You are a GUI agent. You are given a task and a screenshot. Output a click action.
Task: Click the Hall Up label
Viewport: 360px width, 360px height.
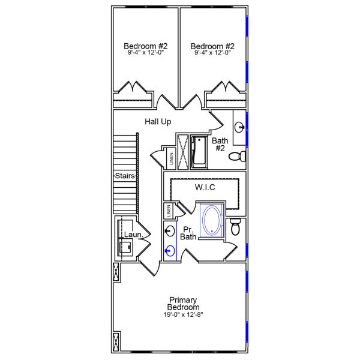158,122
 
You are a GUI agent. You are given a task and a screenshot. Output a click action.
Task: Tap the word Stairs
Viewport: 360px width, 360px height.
125,176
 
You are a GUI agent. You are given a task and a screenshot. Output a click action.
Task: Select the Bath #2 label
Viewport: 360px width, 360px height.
219,145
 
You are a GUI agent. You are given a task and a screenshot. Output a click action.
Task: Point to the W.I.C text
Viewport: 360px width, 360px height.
205,188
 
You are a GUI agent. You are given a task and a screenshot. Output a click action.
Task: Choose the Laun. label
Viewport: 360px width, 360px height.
133,235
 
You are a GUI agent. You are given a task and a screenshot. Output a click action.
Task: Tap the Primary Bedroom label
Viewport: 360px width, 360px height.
184,304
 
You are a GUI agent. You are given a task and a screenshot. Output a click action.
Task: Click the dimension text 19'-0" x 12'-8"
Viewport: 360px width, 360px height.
184,315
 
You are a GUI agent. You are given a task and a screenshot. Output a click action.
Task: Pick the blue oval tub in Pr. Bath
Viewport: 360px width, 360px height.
211,221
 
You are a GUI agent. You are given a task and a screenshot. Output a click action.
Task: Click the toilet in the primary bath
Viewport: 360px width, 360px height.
236,228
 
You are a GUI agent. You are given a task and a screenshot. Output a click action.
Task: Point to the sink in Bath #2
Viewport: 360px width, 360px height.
239,127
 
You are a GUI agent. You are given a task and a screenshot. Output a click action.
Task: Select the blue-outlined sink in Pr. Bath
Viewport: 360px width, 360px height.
170,251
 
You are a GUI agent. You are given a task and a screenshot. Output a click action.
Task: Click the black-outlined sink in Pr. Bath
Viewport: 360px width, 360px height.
170,231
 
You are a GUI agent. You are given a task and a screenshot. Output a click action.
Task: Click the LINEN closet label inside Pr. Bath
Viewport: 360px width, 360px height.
169,211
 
